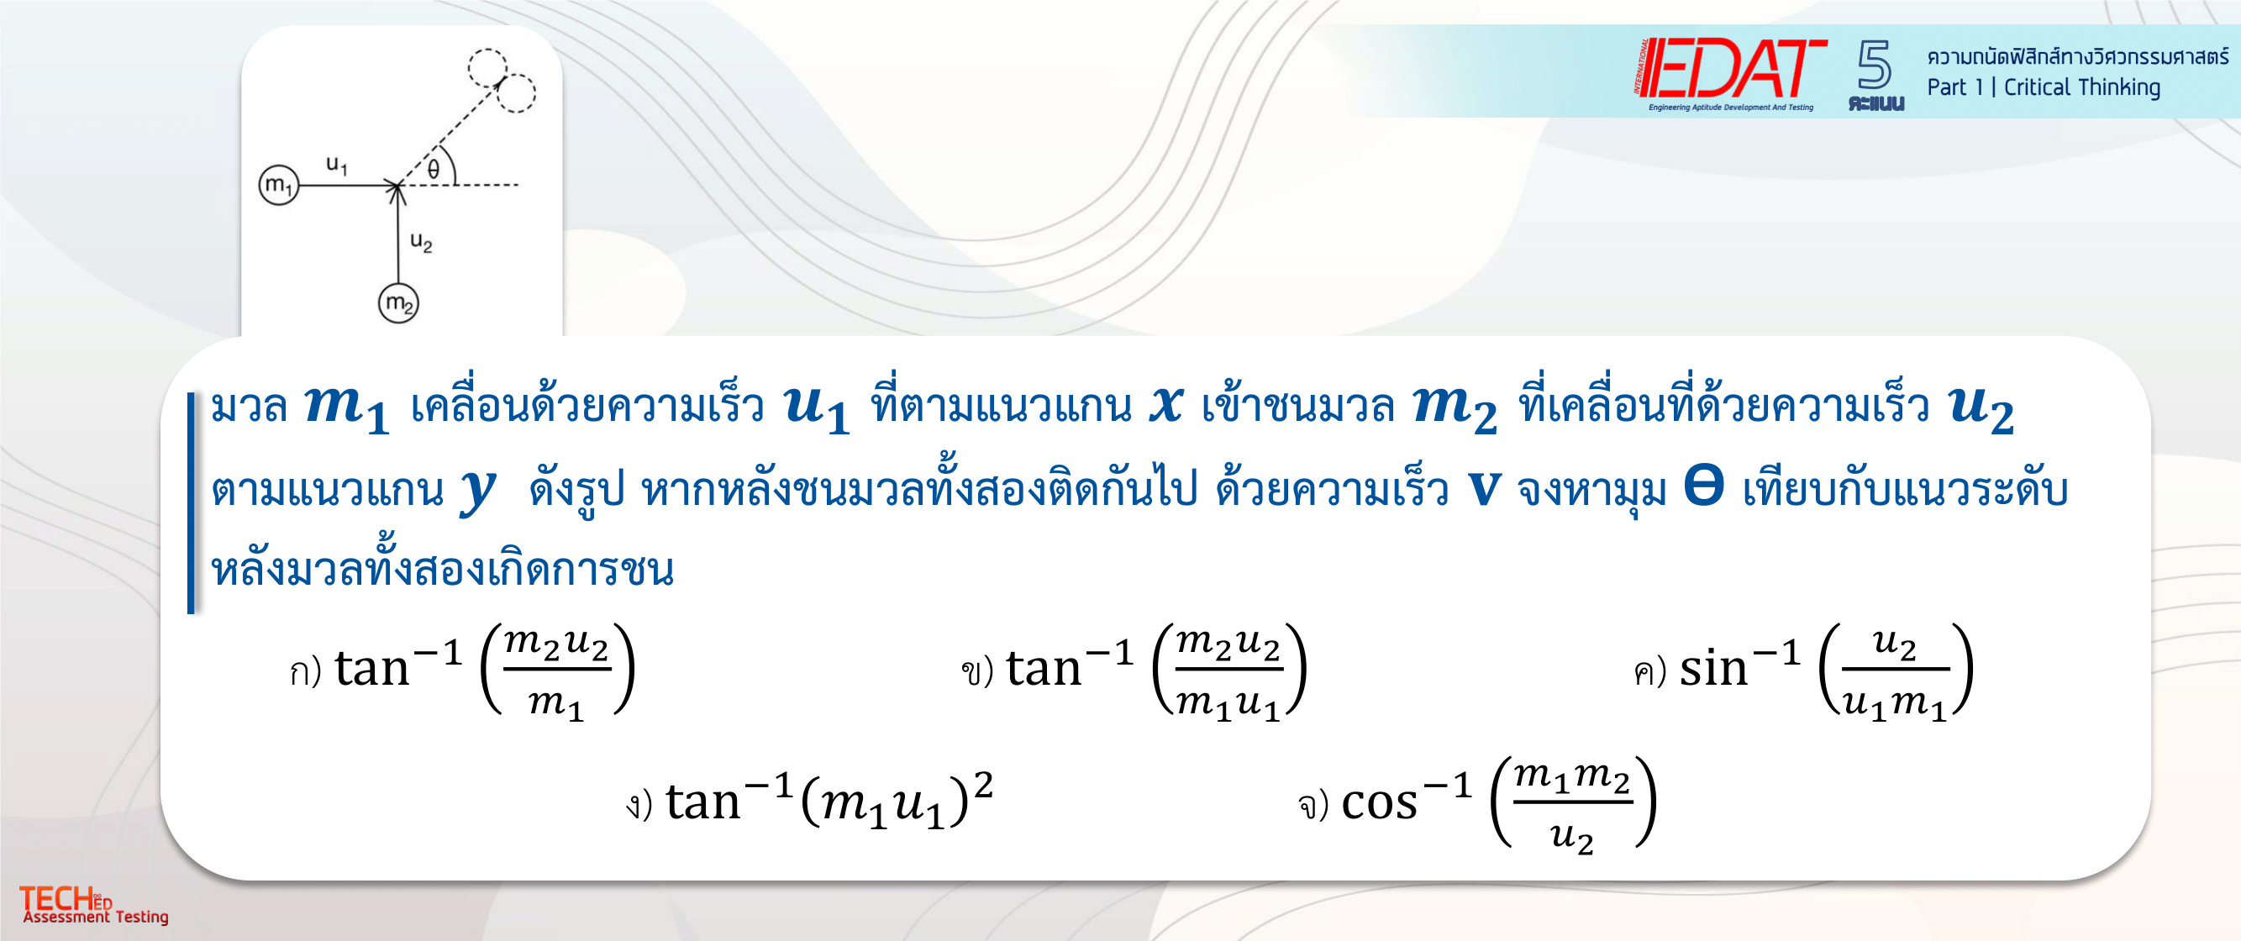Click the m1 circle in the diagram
pyautogui.click(x=278, y=184)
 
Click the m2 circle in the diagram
pyautogui.click(x=398, y=303)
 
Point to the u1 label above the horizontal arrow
pyautogui.click(x=337, y=165)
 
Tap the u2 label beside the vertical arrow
pyautogui.click(x=421, y=241)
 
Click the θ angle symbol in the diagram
pyautogui.click(x=434, y=169)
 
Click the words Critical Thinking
pyautogui.click(x=2082, y=87)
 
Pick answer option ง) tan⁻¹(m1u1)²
pyautogui.click(x=809, y=800)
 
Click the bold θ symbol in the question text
pyautogui.click(x=1703, y=486)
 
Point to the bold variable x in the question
pyautogui.click(x=1165, y=405)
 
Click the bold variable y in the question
pyautogui.click(x=477, y=490)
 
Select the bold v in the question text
pyautogui.click(x=1484, y=488)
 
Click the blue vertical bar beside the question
pyautogui.click(x=191, y=502)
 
